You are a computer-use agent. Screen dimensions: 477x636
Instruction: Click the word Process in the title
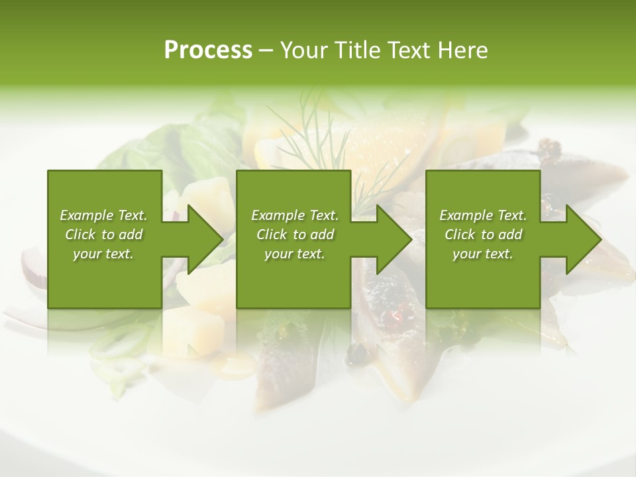click(x=208, y=50)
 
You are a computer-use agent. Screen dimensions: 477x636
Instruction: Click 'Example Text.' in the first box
click(x=103, y=215)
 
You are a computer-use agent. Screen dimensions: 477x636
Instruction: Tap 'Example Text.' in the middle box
click(x=295, y=215)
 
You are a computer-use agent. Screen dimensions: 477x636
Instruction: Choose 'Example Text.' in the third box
click(x=483, y=215)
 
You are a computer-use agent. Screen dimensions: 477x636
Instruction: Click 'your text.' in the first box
click(x=103, y=254)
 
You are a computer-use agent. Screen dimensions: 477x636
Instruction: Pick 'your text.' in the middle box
click(x=295, y=254)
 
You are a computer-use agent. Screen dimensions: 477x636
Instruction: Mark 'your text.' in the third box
click(x=483, y=254)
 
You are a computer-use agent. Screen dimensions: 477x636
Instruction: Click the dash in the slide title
click(x=266, y=51)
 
